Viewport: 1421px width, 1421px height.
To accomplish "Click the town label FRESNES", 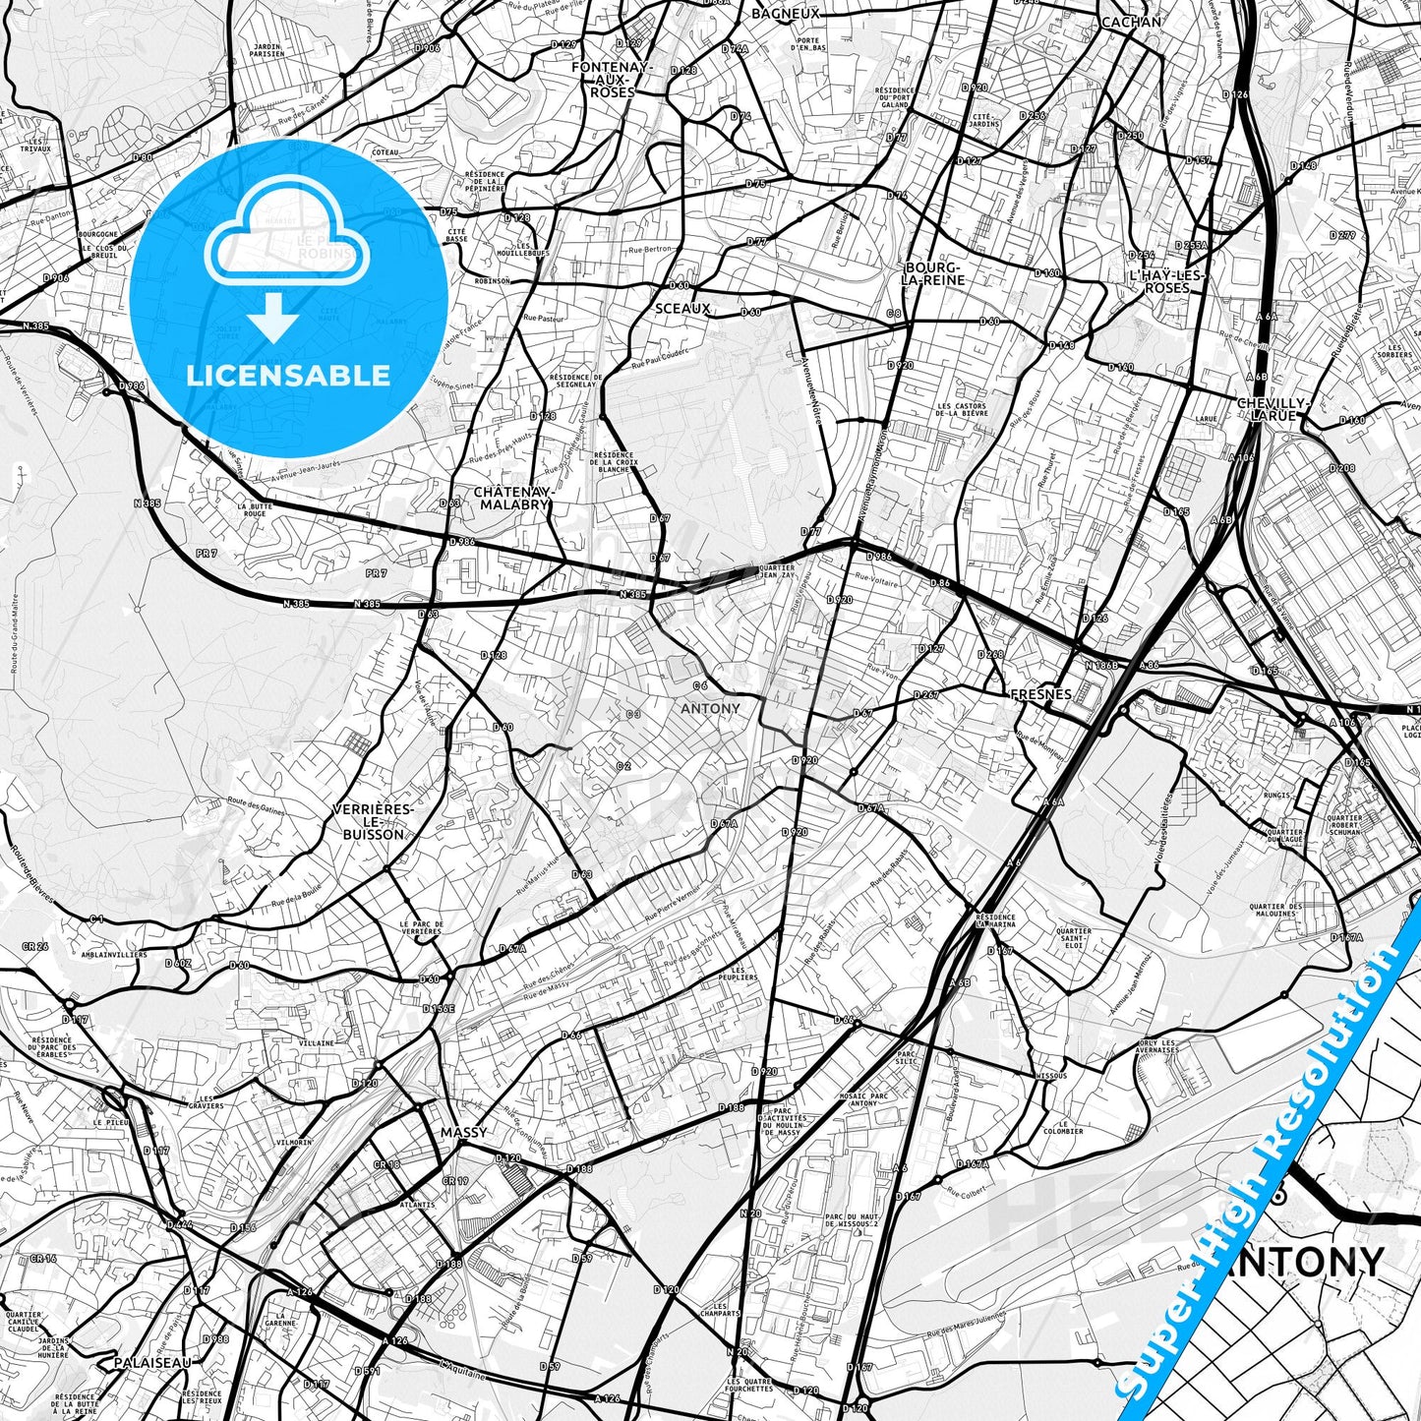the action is coord(1041,694).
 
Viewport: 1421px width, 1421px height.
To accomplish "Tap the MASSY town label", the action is coord(463,1132).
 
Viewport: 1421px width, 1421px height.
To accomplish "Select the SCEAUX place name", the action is coord(682,309).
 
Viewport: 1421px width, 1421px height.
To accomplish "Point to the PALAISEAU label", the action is coord(151,1363).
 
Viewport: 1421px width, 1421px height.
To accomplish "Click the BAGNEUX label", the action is coord(785,14).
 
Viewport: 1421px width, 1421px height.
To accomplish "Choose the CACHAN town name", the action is coord(1131,22).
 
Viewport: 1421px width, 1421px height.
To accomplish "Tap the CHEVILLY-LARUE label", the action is coord(1273,409).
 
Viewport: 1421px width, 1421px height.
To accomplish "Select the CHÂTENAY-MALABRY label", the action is coord(511,498).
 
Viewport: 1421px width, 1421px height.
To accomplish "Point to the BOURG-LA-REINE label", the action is coord(934,273).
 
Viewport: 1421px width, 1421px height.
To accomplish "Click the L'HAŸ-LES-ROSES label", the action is coord(1167,280).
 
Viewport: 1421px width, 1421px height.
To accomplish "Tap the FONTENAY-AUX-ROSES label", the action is coord(612,80).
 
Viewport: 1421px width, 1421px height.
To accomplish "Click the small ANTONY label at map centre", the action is coord(710,708).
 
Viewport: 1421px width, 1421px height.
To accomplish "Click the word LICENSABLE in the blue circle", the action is coord(288,375).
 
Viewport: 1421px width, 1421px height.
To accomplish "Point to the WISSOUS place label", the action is coord(1050,1076).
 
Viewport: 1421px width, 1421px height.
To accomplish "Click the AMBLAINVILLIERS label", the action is coord(114,954).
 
